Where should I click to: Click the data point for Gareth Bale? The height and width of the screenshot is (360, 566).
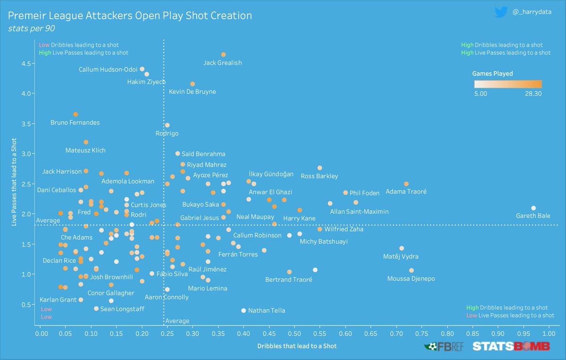533,208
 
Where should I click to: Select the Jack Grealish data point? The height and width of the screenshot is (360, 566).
223,55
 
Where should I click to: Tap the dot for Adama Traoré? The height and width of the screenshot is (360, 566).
406,184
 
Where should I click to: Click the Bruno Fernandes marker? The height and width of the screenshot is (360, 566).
75,114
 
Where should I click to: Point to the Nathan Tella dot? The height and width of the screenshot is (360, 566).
243,310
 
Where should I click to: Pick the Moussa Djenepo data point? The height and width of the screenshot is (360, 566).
411,270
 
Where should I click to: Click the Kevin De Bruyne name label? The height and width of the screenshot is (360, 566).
192,92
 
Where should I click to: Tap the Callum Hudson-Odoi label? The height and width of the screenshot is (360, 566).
108,70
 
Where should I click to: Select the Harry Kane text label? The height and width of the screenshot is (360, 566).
299,218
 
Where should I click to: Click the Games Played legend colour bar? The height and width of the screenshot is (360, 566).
508,84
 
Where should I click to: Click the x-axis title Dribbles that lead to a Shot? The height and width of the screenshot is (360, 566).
297,346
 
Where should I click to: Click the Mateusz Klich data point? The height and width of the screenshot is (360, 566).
86,142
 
